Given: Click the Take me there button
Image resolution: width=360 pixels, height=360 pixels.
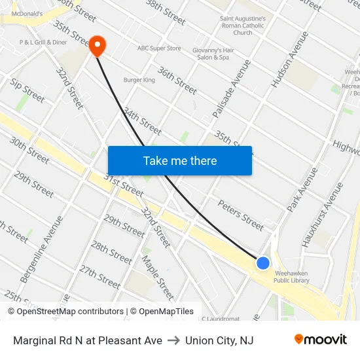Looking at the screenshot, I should pyautogui.click(x=180, y=160).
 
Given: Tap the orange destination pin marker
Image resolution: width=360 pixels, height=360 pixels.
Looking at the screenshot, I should pyautogui.click(x=97, y=45).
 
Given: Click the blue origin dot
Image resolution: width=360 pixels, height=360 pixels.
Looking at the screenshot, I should pyautogui.click(x=262, y=263).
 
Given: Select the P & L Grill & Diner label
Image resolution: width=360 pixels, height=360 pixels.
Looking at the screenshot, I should pyautogui.click(x=43, y=42).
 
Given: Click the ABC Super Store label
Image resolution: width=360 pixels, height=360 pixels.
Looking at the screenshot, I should pyautogui.click(x=159, y=48).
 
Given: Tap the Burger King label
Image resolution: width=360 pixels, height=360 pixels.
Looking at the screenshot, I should pyautogui.click(x=139, y=80).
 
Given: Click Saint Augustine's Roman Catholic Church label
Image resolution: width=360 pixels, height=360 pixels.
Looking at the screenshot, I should pyautogui.click(x=243, y=26).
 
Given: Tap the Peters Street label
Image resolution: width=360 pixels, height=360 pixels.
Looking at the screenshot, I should pyautogui.click(x=240, y=215).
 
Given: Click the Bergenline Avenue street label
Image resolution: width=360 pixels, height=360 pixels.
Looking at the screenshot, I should pyautogui.click(x=42, y=250).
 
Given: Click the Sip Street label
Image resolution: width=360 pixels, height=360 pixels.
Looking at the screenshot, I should pyautogui.click(x=27, y=90).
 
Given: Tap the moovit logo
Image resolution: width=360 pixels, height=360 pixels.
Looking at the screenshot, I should pyautogui.click(x=320, y=340).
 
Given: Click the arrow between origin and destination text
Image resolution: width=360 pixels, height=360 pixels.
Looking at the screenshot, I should pyautogui.click(x=173, y=340).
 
